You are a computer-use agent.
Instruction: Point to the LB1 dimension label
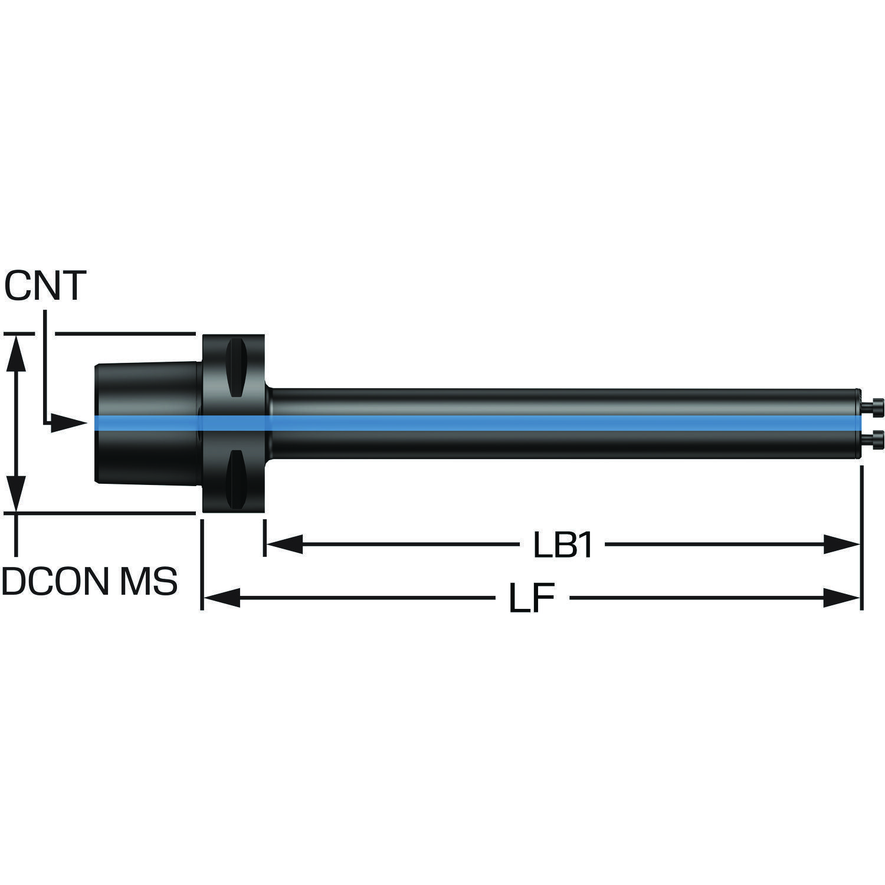pyautogui.click(x=563, y=546)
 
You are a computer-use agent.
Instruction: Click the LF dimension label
pyautogui.click(x=532, y=599)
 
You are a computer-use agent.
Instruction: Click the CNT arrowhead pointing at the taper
pyautogui.click(x=68, y=422)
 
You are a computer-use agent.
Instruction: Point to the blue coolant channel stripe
pyautogui.click(x=472, y=423)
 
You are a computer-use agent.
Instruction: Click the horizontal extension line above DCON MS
pyautogui.click(x=106, y=513)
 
